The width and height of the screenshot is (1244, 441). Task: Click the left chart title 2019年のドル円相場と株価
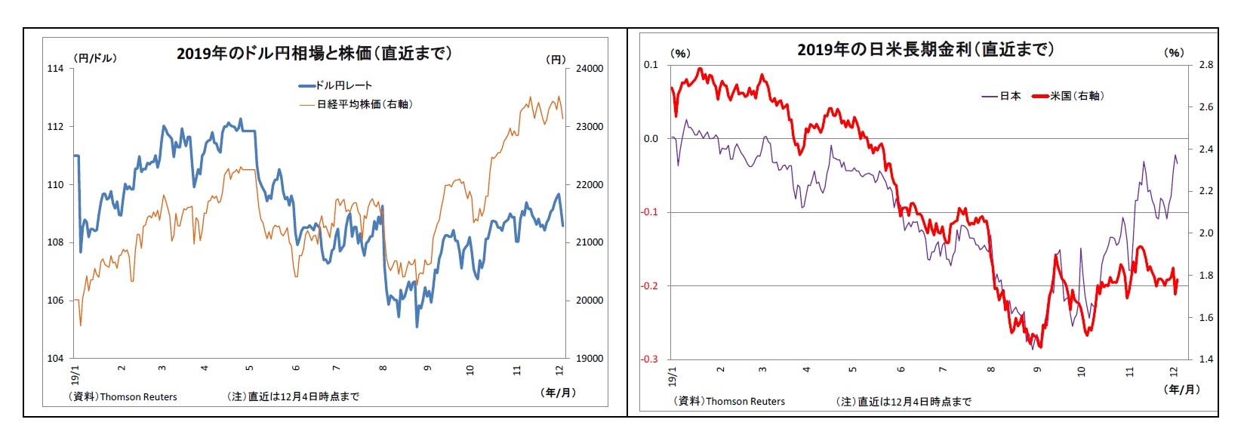coord(314,53)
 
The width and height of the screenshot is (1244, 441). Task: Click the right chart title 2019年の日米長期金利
coord(925,50)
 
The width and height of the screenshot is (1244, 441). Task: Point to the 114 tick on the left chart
coord(55,69)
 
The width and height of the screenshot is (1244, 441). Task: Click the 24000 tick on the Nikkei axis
coord(590,69)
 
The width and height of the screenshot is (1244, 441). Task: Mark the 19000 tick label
coord(590,359)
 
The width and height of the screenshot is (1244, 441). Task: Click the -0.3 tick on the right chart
coord(650,359)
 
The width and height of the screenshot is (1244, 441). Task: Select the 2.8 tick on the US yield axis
coord(1206,65)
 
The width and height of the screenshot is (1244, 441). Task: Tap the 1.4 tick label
coord(1206,359)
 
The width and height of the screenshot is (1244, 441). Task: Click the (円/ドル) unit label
coord(95,57)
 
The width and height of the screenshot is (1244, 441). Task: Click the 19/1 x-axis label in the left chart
coord(75,375)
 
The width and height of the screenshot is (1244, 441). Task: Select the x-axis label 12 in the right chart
coord(1174,371)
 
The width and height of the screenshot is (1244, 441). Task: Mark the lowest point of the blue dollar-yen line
coord(417,326)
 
